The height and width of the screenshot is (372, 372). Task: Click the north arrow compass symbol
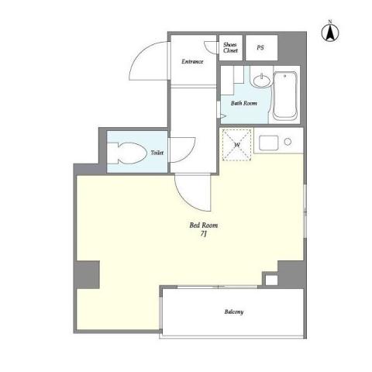329,33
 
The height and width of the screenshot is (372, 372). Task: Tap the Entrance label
193,61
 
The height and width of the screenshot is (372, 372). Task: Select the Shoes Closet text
231,47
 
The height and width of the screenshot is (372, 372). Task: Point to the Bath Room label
243,102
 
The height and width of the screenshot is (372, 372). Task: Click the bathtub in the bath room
286,96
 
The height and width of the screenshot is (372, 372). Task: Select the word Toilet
157,153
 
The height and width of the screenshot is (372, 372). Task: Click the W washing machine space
237,145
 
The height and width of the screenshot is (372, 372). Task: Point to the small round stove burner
288,142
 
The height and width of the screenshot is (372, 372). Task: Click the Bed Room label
204,226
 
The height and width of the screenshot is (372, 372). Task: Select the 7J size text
203,235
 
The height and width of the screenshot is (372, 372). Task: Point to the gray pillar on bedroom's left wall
88,274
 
